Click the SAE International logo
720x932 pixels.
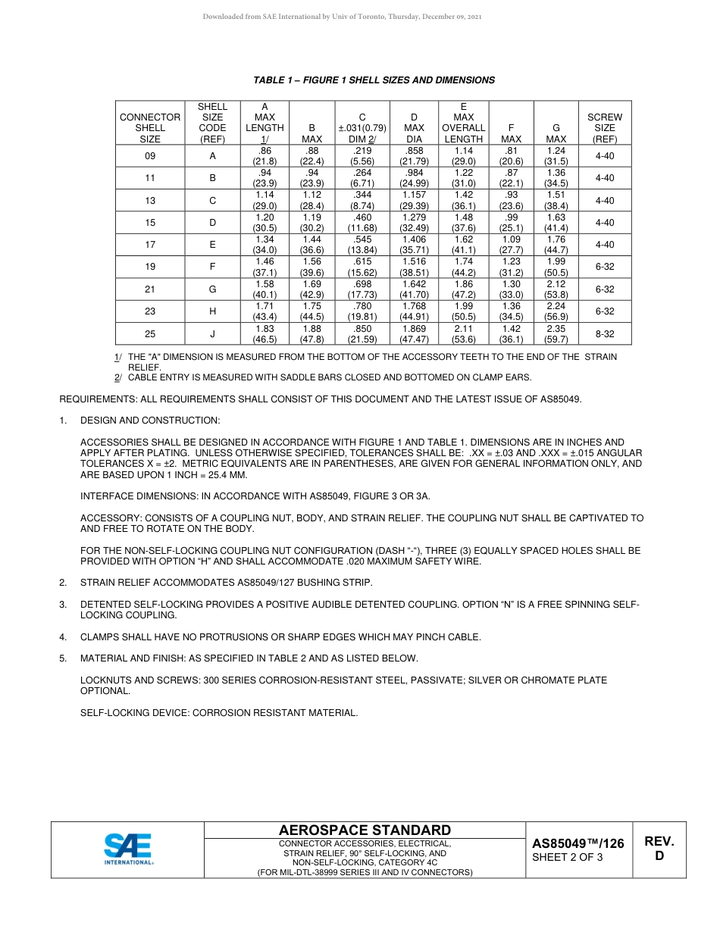[x=128, y=849]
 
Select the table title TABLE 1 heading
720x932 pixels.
[x=374, y=80]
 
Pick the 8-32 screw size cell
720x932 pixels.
[x=604, y=333]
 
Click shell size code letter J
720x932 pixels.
[x=212, y=333]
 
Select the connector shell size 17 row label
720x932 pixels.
[x=150, y=245]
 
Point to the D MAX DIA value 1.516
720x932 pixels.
[x=414, y=261]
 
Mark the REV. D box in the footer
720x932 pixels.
[x=659, y=849]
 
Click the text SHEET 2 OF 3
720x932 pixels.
[x=568, y=858]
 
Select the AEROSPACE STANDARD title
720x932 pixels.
[x=365, y=830]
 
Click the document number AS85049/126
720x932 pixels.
[x=578, y=843]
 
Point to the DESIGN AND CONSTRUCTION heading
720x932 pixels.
[x=150, y=420]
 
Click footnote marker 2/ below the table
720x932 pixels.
[x=117, y=377]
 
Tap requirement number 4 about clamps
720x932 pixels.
[x=63, y=637]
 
